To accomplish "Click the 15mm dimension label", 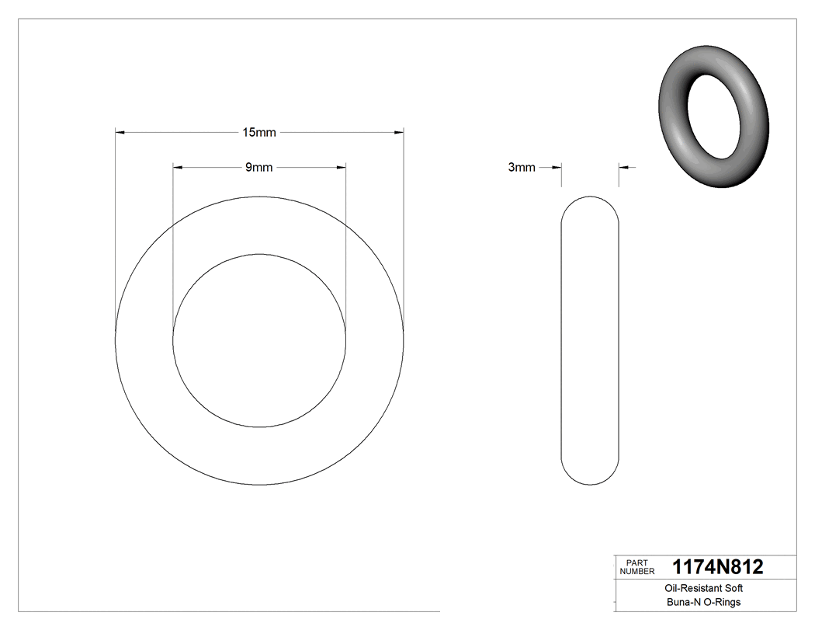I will click(258, 133).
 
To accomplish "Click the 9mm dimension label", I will click(258, 167).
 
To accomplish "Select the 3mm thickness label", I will click(521, 167).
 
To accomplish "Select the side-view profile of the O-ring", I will click(590, 340).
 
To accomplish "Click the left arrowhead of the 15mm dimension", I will click(120, 133).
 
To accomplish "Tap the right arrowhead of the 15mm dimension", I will click(399, 133).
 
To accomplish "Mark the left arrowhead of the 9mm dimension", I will click(177, 167).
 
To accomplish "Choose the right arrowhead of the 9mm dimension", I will click(341, 167).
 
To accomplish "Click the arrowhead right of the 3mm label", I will click(556, 167).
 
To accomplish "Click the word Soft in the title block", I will click(733, 589).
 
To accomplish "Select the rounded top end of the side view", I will click(590, 204).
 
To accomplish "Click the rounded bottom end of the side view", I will click(590, 477).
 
